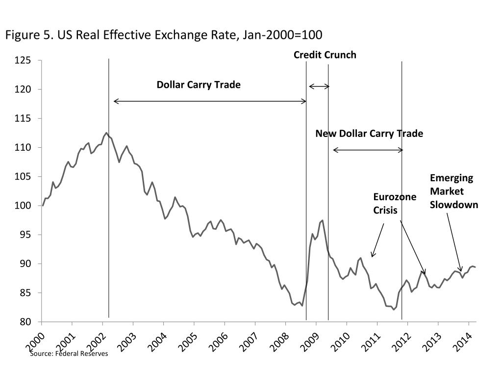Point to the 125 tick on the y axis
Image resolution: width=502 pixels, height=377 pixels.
pyautogui.click(x=23, y=60)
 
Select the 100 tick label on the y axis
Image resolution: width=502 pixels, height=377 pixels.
pyautogui.click(x=23, y=206)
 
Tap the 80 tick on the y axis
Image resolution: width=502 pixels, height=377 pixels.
pyautogui.click(x=25, y=322)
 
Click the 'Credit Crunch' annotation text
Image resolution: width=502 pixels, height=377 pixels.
pyautogui.click(x=325, y=55)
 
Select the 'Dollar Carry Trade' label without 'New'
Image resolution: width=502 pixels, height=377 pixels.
pyautogui.click(x=199, y=85)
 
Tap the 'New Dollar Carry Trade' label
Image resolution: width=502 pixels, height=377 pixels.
pyautogui.click(x=369, y=134)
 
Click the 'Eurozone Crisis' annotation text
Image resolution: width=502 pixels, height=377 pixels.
pyautogui.click(x=394, y=203)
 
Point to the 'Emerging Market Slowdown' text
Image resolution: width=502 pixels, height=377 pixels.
pyautogui.click(x=453, y=191)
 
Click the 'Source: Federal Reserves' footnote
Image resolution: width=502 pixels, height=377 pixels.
pyautogui.click(x=69, y=353)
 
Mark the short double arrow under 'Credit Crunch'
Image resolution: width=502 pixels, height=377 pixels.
pyautogui.click(x=319, y=86)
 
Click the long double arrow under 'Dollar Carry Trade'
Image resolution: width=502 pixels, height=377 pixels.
pyautogui.click(x=210, y=102)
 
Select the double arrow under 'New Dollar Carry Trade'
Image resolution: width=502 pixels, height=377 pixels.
pyautogui.click(x=368, y=150)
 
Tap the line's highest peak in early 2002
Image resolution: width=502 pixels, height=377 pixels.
pyautogui.click(x=106, y=133)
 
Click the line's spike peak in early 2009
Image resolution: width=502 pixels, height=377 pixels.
pyautogui.click(x=322, y=220)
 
